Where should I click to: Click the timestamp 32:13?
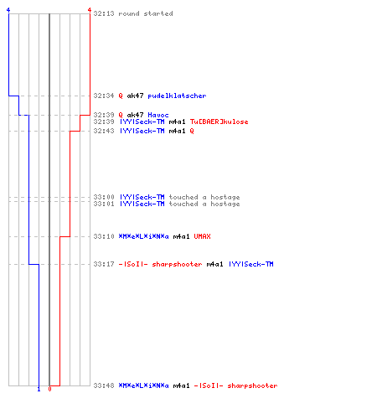coord(104,13)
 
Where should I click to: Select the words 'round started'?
coord(146,13)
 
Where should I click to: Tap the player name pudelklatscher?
coord(177,96)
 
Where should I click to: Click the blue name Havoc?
coord(158,115)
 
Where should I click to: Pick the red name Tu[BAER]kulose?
coord(219,122)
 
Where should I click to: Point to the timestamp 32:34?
coord(104,96)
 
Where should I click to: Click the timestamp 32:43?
coord(104,131)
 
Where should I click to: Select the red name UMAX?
coord(203,236)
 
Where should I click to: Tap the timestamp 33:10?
coord(104,236)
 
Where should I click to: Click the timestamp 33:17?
coord(104,264)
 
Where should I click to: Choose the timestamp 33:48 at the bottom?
coord(104,385)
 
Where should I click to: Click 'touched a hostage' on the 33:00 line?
coord(204,197)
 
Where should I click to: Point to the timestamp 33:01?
coord(104,204)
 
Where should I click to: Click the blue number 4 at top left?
coord(8,10)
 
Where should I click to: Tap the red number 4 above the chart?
coord(90,10)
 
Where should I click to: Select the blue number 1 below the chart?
coord(39,389)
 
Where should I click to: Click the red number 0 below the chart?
coord(49,389)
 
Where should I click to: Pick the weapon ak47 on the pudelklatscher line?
coord(135,96)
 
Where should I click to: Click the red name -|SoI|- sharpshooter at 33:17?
coord(161,264)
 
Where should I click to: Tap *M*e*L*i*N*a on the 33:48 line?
coord(144,385)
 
